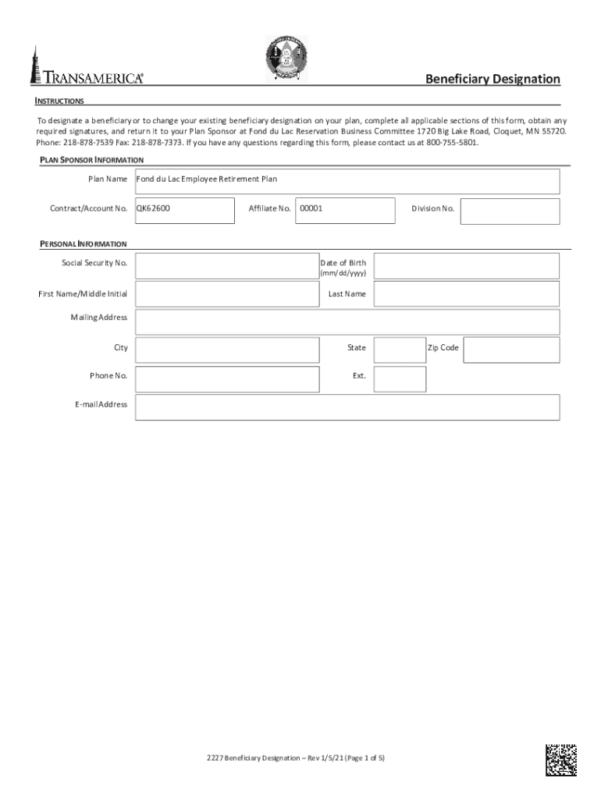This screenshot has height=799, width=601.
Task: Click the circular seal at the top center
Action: [x=286, y=59]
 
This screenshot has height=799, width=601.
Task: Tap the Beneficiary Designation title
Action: [x=492, y=79]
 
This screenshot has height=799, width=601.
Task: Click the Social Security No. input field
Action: [x=226, y=266]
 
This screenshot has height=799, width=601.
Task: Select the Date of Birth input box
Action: [x=467, y=266]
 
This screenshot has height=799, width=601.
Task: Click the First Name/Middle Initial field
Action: [x=226, y=294]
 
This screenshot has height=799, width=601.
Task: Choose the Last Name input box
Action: [x=467, y=294]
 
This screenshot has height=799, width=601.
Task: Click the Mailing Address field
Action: [x=347, y=322]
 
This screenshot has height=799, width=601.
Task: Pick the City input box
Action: [x=226, y=350]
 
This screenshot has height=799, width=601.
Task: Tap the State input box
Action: [x=400, y=350]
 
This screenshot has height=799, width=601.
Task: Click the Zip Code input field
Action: [x=511, y=350]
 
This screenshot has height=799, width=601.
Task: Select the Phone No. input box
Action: [x=226, y=379]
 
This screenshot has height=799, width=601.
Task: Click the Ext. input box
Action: [x=400, y=379]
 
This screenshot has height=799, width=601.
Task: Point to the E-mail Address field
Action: [x=347, y=407]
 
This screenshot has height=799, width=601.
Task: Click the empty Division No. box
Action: [x=510, y=211]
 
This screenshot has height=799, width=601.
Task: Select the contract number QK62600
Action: [x=154, y=208]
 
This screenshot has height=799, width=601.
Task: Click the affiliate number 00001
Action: [x=311, y=208]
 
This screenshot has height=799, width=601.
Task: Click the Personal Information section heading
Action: [x=84, y=244]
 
